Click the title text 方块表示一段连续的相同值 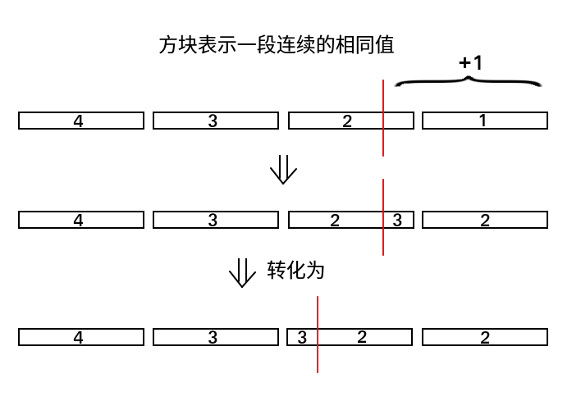(x=276, y=44)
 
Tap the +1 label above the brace (x=470, y=62)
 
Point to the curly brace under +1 (x=468, y=81)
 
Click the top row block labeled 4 (x=80, y=121)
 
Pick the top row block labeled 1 (x=484, y=121)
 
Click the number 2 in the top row (x=347, y=121)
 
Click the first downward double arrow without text (x=283, y=171)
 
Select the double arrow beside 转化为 (x=242, y=273)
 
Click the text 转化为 (x=295, y=271)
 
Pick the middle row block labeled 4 (x=80, y=220)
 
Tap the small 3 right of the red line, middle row (x=398, y=220)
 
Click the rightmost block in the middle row (x=484, y=220)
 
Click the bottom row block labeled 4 (x=80, y=337)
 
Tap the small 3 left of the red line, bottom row (x=302, y=337)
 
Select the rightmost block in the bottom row (x=484, y=337)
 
